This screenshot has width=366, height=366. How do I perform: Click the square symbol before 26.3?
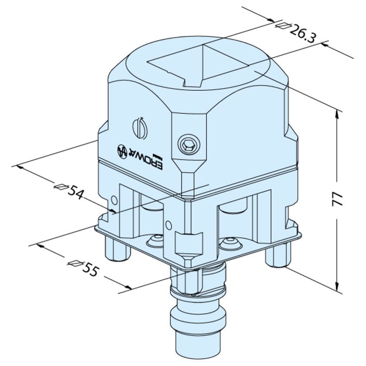(283, 26)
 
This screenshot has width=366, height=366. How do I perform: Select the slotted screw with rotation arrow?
(139, 128)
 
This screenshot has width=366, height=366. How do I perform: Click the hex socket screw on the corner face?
(187, 145)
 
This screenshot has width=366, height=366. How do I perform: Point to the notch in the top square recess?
(191, 81)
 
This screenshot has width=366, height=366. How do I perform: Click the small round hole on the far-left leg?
(114, 200)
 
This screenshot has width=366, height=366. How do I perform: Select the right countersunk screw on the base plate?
(228, 242)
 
